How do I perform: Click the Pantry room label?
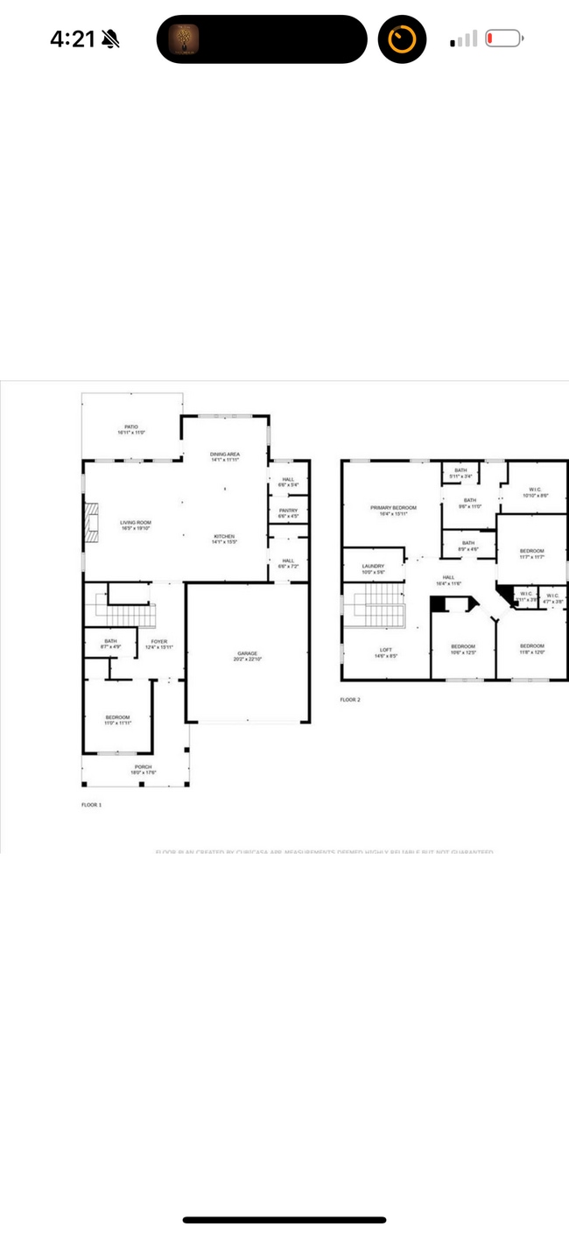(x=288, y=513)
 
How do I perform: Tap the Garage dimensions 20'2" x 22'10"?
(x=246, y=659)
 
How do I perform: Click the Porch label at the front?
(x=143, y=769)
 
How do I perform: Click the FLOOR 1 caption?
(x=91, y=803)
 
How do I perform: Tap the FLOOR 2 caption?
(x=350, y=699)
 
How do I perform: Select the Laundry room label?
(x=373, y=568)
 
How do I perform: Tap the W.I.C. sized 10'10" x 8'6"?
(x=536, y=492)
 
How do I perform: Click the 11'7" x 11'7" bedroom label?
(x=531, y=554)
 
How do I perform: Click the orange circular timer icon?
(x=402, y=39)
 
